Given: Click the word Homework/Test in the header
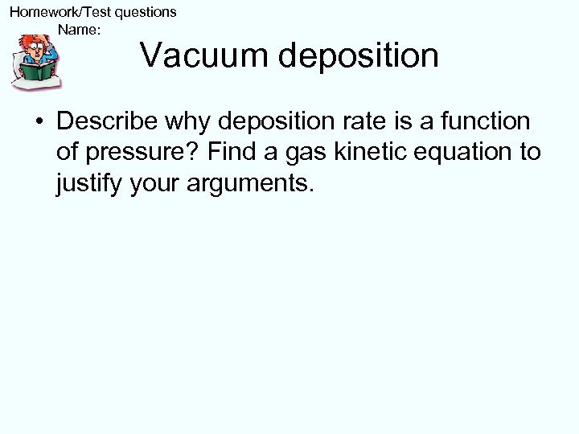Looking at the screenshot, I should click(52, 12).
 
